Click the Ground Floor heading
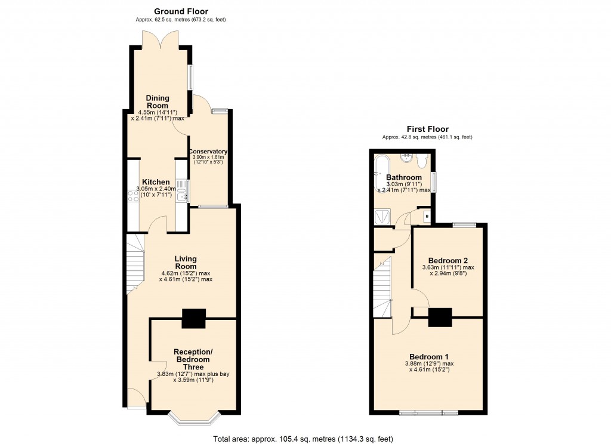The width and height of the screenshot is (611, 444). tap(181, 11)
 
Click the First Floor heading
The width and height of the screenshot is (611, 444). tap(427, 129)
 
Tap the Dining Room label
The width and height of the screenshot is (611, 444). tap(158, 101)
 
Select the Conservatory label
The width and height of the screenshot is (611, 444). tap(208, 152)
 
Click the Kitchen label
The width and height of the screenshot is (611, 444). tap(156, 182)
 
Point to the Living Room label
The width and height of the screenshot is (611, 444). tap(186, 263)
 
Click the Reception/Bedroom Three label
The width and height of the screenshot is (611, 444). tap(193, 359)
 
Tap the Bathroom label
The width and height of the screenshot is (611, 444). tap(404, 178)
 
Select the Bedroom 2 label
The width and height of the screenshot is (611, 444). tap(448, 261)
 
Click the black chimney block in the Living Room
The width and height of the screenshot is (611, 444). tap(193, 319)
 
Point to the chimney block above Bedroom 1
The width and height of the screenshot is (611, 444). tap(440, 317)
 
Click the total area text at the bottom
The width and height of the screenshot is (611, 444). tap(304, 439)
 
